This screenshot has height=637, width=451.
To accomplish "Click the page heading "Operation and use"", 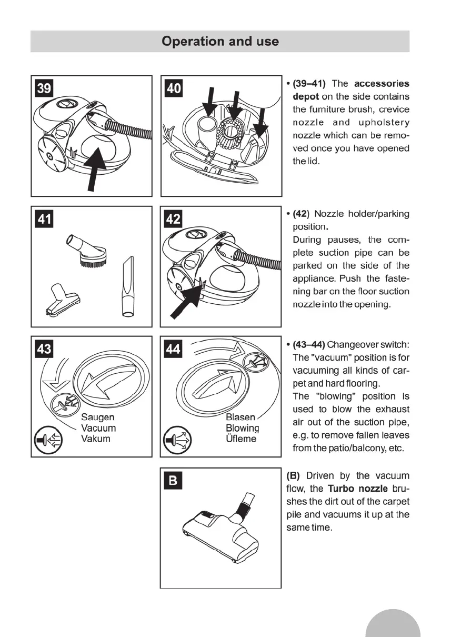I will [220, 41].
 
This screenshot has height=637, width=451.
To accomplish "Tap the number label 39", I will [44, 87].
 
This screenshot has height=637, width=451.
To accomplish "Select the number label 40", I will [173, 87].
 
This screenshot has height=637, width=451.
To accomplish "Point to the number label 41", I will [44, 218].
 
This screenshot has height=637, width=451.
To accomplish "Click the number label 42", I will [173, 218].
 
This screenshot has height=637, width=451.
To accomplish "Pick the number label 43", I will [44, 349].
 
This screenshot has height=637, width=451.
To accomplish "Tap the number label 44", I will [173, 349].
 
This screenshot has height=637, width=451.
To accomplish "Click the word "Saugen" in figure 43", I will [97, 417].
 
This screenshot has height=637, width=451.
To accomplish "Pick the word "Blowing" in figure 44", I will [242, 428].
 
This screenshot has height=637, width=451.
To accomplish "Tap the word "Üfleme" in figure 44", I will [241, 439].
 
